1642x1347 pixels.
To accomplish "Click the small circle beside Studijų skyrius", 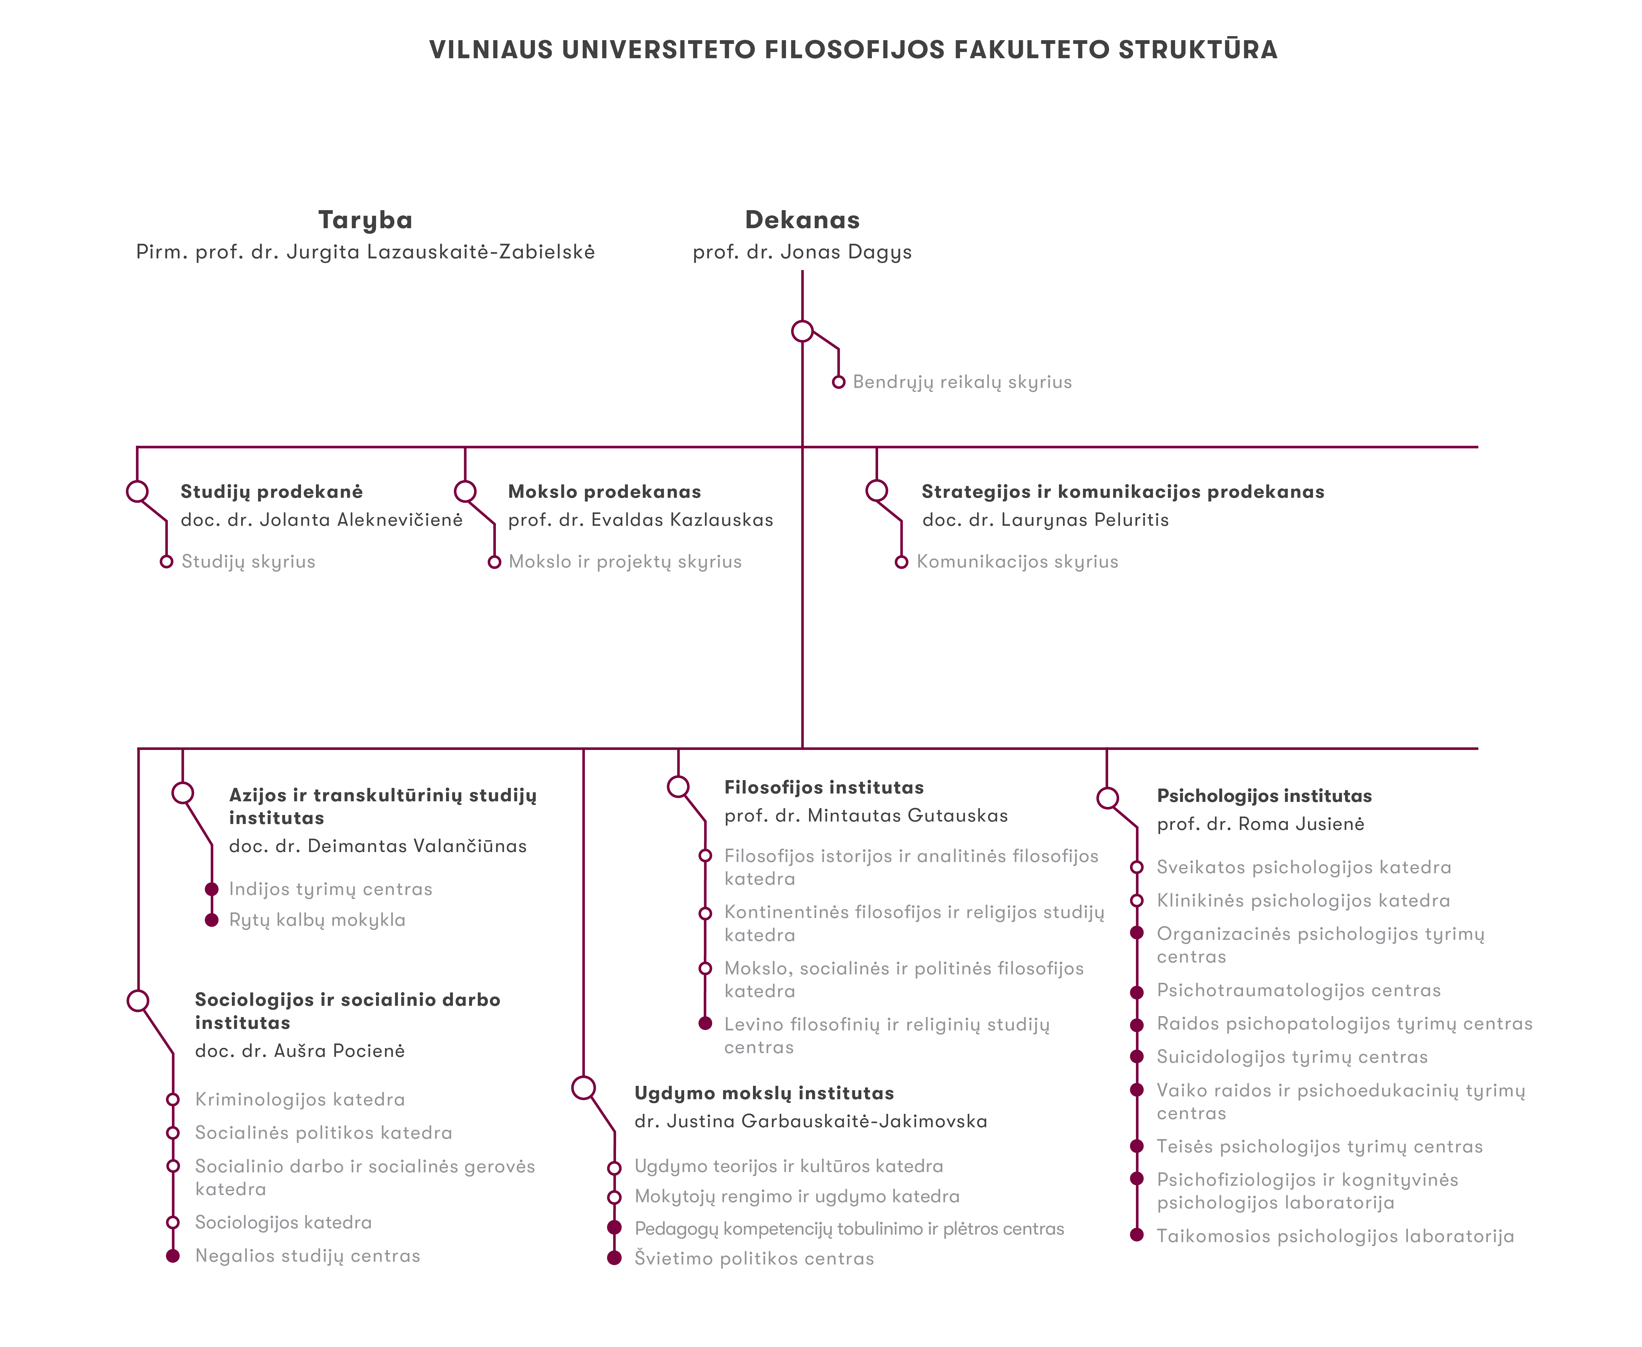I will [166, 562].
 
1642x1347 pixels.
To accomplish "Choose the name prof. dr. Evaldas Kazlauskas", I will [640, 520].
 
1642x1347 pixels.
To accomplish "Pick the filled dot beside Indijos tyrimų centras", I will [211, 889].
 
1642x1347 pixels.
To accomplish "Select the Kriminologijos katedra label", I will [299, 1100].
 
